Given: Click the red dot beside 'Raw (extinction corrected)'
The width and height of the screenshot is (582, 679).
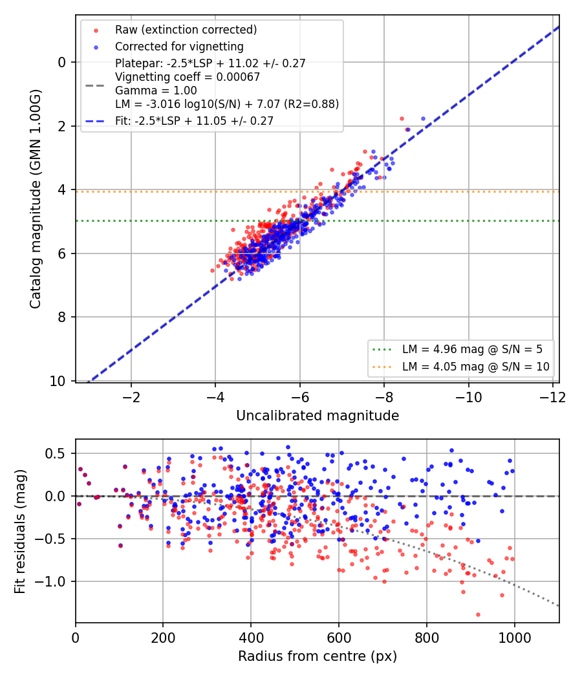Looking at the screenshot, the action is (x=96, y=30).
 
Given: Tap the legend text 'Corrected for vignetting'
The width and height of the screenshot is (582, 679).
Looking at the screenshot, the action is (x=179, y=47).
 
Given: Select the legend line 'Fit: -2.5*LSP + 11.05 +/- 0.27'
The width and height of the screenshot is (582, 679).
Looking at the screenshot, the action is (x=95, y=121).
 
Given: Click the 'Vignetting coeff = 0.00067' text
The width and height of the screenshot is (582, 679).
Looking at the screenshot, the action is (x=188, y=77).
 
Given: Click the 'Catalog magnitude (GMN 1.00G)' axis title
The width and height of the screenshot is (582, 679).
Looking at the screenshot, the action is (x=35, y=199).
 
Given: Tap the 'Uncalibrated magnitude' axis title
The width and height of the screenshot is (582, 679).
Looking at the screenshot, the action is (x=318, y=415).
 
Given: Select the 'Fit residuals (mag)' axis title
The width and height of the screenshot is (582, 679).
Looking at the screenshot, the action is (x=20, y=532).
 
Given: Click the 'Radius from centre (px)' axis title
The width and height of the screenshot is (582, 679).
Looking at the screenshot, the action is (x=318, y=656).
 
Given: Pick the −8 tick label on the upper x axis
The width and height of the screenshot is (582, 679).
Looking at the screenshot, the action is (x=383, y=397).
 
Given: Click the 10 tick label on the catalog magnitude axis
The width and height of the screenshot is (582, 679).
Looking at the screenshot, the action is (x=58, y=381).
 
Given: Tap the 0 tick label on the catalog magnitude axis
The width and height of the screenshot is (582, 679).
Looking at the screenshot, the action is (x=62, y=62).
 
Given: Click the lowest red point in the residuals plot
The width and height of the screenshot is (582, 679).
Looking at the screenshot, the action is (x=478, y=614).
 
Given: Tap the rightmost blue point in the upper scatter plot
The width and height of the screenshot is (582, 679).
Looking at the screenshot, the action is (x=423, y=118).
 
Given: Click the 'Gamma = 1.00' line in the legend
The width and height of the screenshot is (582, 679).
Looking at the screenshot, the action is (x=156, y=91).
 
